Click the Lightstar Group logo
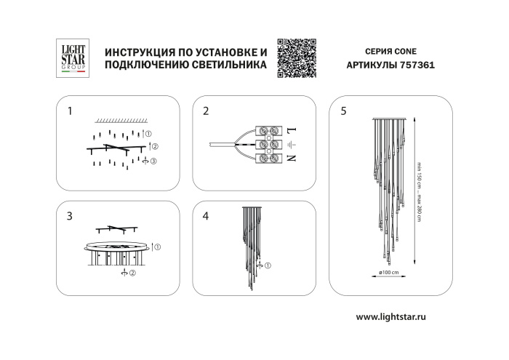coord(72,58)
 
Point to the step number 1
coord(70,111)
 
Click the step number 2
coord(206,111)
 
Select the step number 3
coord(70,216)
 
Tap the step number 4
coord(206,216)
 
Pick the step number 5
coord(343,111)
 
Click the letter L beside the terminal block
coord(291,131)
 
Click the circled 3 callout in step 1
coord(153,161)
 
